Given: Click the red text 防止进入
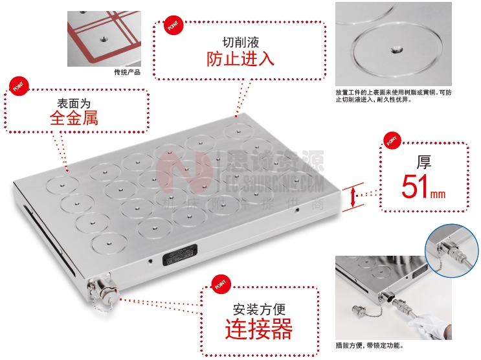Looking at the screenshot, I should click(240, 59).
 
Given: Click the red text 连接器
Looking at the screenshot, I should click(258, 330).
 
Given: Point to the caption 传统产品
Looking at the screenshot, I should click(126, 72).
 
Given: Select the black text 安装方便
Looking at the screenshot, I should click(258, 309).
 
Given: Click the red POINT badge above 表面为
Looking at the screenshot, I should click(17, 86).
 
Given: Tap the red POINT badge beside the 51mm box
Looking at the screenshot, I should click(391, 139).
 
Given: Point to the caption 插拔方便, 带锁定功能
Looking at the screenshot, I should click(370, 345).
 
